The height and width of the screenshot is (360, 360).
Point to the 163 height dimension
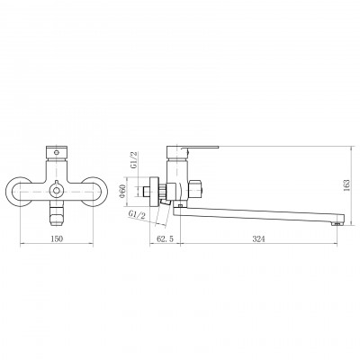pos(347,184)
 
